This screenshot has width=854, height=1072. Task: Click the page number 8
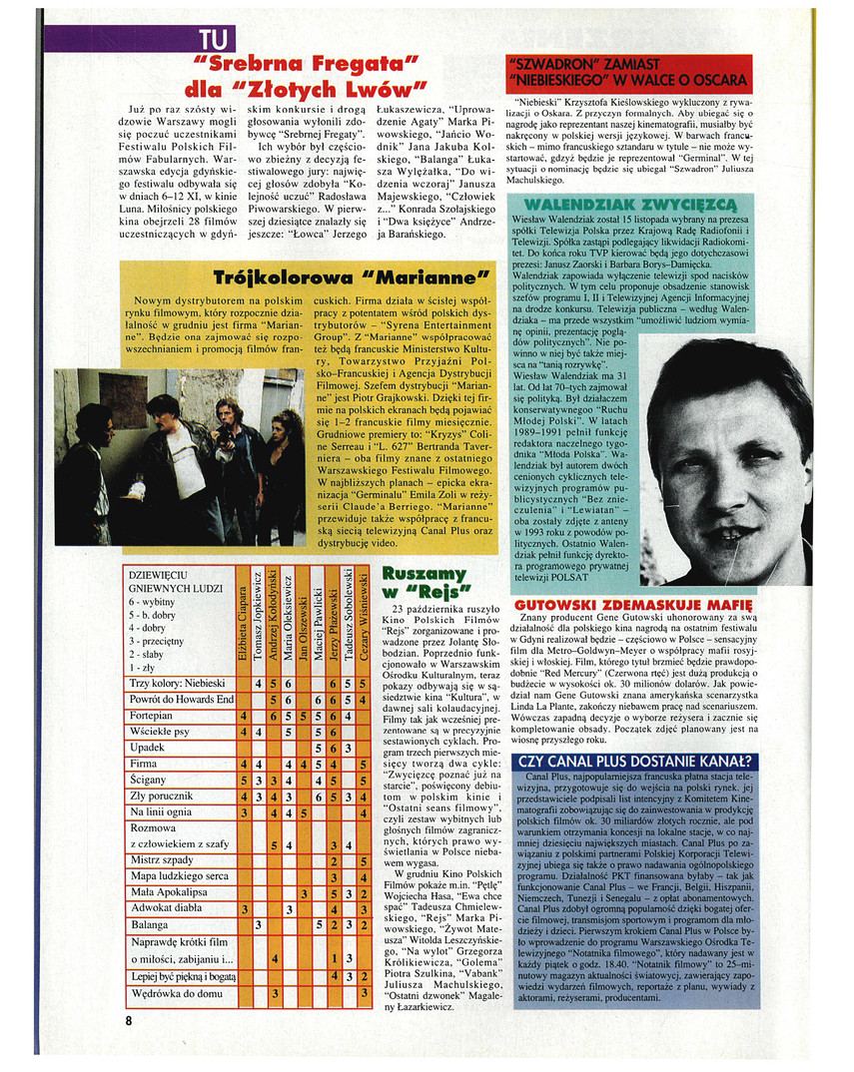129,1020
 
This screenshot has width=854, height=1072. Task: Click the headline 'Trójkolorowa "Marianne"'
351,276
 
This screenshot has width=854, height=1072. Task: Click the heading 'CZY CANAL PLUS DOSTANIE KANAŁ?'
636,762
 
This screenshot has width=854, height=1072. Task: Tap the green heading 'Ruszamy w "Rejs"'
425,581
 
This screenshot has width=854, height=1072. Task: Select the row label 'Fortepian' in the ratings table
151,716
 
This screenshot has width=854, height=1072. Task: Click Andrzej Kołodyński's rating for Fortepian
274,716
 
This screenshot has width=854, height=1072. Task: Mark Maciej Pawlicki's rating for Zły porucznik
319,796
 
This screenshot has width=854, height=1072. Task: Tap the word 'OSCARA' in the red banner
717,80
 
